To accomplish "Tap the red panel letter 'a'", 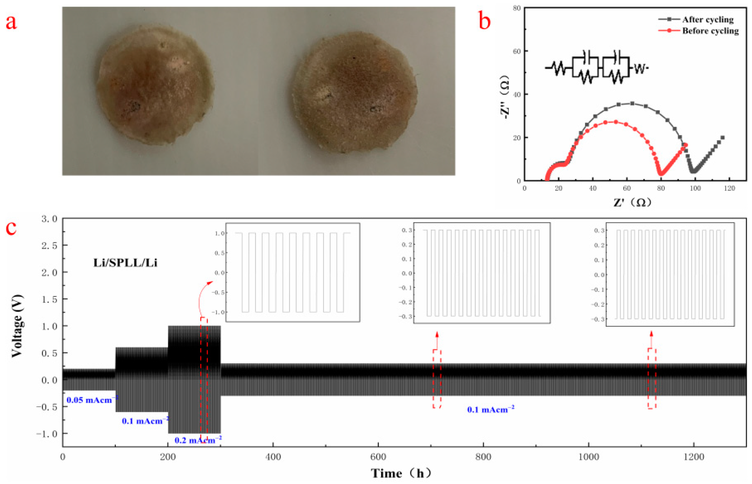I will click(x=11, y=23).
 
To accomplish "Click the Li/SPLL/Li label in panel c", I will click(x=125, y=263).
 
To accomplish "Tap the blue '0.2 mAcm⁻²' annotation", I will click(x=198, y=440).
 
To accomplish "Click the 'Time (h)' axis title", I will click(x=401, y=473).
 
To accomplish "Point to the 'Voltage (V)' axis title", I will click(x=17, y=326).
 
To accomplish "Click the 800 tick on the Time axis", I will click(x=483, y=457).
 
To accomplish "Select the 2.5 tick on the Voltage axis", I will click(x=50, y=245).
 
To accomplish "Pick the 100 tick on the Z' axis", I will click(x=695, y=188).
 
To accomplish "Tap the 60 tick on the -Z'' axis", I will click(x=517, y=51).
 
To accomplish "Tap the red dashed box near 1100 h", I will click(x=652, y=378).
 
